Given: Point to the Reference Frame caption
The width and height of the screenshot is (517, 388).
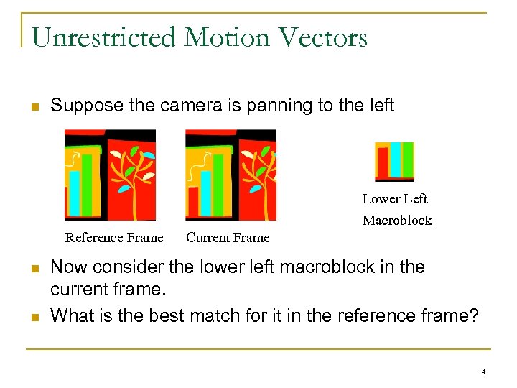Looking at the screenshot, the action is [114, 238].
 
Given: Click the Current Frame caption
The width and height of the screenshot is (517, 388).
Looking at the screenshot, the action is [228, 238].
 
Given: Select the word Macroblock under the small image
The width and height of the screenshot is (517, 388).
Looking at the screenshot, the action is [397, 221].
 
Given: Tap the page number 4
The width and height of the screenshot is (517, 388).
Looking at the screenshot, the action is [483, 371].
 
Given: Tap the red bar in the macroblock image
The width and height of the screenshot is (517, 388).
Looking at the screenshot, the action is [383, 162].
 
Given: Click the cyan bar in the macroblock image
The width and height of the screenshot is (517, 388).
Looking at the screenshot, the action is [396, 159].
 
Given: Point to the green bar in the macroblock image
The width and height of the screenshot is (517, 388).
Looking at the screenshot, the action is [407, 160].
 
